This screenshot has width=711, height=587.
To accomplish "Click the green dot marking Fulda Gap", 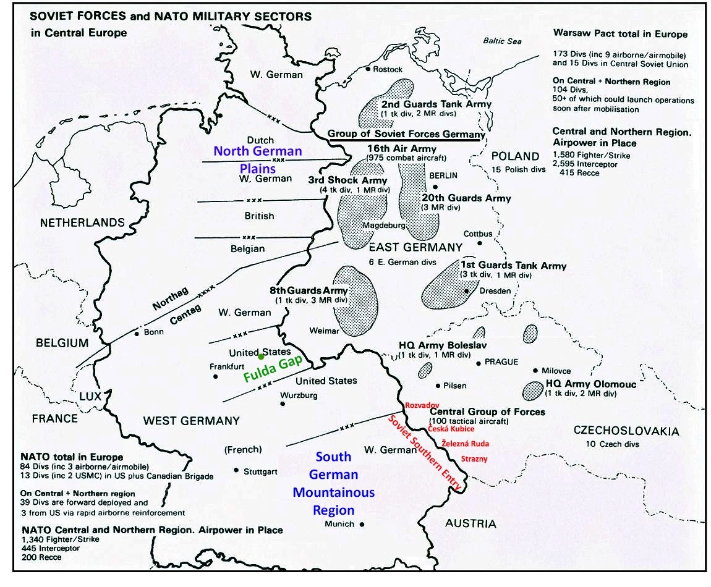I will pyautogui.click(x=262, y=357).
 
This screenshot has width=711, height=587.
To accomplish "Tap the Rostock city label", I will pyautogui.click(x=388, y=69).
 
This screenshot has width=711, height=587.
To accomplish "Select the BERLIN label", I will pyautogui.click(x=443, y=175).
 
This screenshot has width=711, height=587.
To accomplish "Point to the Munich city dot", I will pyautogui.click(x=362, y=524).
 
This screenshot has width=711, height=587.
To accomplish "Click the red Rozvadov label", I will pyautogui.click(x=422, y=405).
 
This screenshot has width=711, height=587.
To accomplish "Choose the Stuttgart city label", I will pyautogui.click(x=261, y=472).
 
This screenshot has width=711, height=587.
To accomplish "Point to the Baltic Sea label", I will pyautogui.click(x=502, y=41).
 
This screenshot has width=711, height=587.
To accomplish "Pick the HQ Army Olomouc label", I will pyautogui.click(x=590, y=384).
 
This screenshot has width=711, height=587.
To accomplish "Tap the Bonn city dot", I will pyautogui.click(x=137, y=334).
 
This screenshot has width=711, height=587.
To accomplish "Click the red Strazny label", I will pyautogui.click(x=474, y=459).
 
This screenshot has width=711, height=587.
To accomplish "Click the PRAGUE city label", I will pyautogui.click(x=501, y=362).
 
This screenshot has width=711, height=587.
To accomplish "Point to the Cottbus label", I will pyautogui.click(x=479, y=234).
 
